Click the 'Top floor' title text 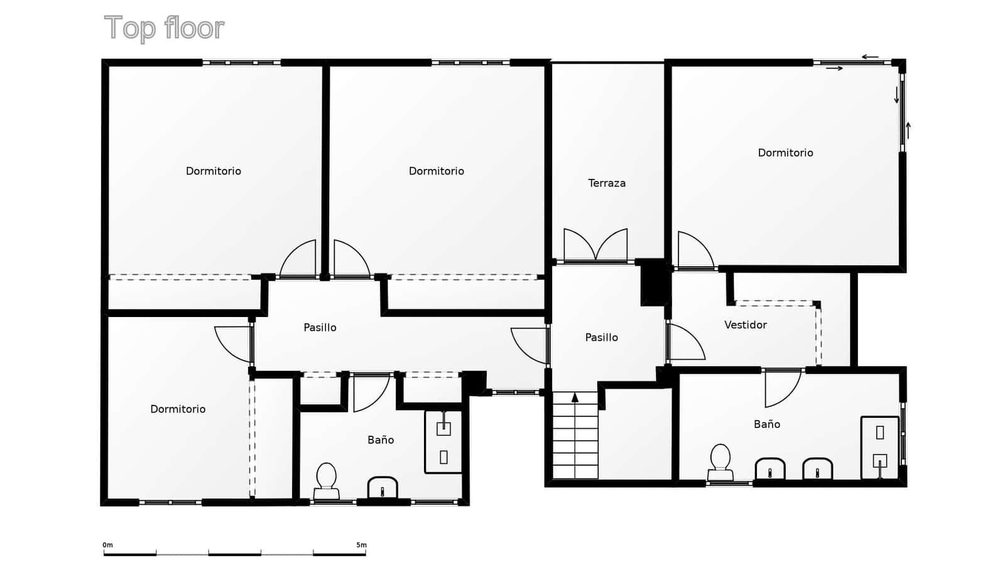[x=164, y=28]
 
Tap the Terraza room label [x=606, y=183]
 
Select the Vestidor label [x=745, y=325]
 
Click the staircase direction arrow [x=575, y=397]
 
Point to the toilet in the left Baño [x=326, y=481]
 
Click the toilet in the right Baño [x=720, y=463]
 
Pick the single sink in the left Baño [x=383, y=488]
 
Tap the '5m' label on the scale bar [x=361, y=545]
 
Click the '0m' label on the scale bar [x=107, y=545]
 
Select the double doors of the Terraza [x=595, y=245]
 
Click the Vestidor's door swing [x=686, y=343]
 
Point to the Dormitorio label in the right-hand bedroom [x=785, y=153]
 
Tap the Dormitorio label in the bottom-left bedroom [x=178, y=409]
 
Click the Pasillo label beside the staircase [x=601, y=338]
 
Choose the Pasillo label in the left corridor [x=320, y=328]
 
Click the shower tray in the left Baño [x=443, y=442]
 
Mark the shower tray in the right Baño [x=879, y=447]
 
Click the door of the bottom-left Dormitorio [x=234, y=344]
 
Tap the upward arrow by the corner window [x=908, y=130]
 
